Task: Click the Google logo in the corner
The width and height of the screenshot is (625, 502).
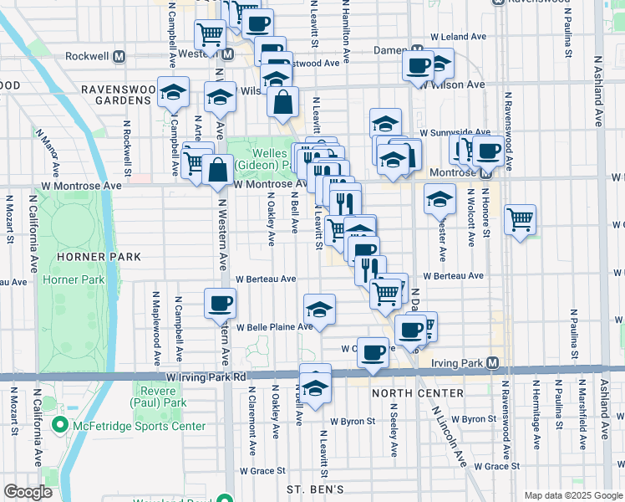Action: [28, 492]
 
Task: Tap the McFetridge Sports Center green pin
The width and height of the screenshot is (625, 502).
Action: [59, 426]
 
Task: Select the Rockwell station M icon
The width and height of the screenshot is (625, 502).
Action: [119, 56]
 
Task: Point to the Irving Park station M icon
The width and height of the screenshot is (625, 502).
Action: [493, 363]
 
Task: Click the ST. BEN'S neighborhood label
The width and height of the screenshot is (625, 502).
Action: [316, 489]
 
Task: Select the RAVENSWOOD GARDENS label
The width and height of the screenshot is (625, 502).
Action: [115, 95]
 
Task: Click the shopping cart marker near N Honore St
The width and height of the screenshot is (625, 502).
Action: [520, 219]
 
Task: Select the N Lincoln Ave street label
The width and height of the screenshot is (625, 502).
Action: [448, 435]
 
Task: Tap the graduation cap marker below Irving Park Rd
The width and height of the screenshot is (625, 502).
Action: [315, 387]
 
